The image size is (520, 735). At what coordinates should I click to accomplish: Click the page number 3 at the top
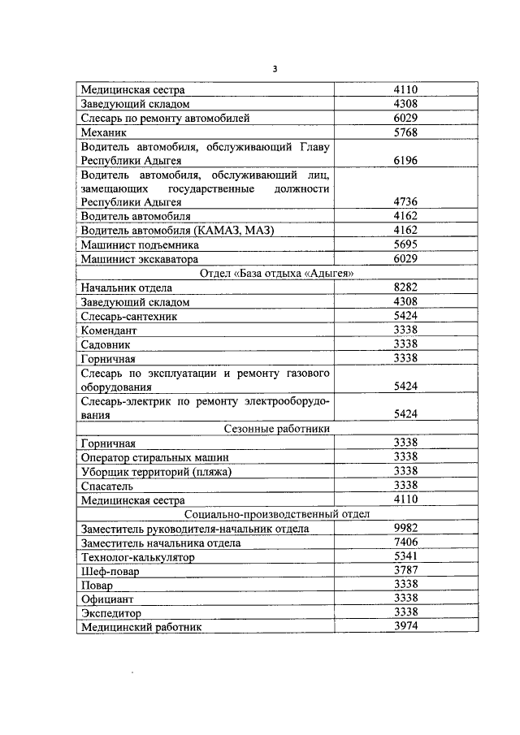[x=275, y=69]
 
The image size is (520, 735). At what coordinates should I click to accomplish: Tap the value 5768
[x=405, y=132]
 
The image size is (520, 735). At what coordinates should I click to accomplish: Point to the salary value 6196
[x=405, y=161]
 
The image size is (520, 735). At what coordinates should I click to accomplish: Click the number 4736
[x=405, y=201]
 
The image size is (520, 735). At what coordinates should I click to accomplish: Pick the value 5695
[x=405, y=244]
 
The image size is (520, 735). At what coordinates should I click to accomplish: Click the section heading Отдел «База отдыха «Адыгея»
[x=276, y=273]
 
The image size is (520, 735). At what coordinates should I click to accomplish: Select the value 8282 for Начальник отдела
[x=405, y=288]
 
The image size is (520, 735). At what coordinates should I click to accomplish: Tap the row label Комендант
[x=109, y=331]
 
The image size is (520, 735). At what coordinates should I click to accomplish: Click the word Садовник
[x=107, y=344]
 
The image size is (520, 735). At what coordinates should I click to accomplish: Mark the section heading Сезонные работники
[x=276, y=429]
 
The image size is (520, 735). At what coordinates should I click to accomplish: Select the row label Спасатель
[x=107, y=486]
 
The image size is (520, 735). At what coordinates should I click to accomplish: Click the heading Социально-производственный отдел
[x=276, y=514]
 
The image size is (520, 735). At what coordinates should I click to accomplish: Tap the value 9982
[x=405, y=528]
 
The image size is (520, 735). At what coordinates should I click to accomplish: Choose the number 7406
[x=405, y=543]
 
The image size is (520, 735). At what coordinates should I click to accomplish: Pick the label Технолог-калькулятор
[x=138, y=557]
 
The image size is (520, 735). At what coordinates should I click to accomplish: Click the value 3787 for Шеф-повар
[x=405, y=571]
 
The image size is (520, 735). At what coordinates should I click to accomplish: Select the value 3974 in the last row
[x=405, y=627]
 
